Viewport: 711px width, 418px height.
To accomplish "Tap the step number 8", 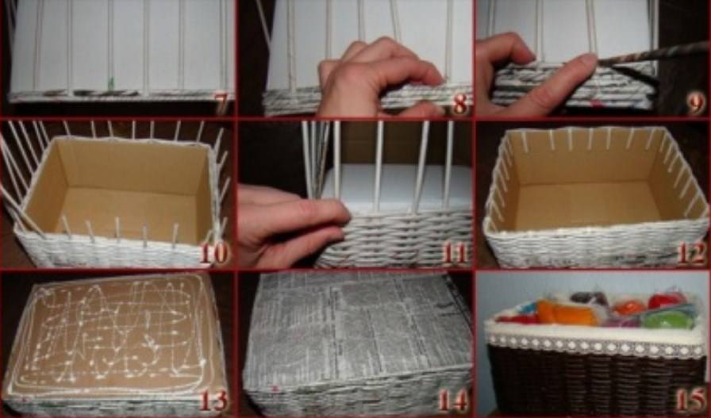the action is click(x=459, y=105).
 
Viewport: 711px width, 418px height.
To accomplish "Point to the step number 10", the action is click(x=214, y=255).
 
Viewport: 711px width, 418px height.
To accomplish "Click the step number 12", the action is click(x=691, y=255).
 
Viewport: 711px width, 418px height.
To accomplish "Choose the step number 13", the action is click(x=213, y=401).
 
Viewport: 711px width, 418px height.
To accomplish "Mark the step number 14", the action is click(x=453, y=401).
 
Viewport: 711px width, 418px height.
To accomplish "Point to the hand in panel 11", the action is click(x=290, y=224).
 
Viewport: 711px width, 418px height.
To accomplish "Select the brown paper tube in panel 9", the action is click(x=653, y=53).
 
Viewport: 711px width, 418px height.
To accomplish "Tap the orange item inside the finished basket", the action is click(x=567, y=313).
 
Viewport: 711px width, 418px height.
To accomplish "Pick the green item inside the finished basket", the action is click(x=667, y=319).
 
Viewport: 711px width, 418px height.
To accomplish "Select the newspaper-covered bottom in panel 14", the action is click(x=356, y=327).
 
